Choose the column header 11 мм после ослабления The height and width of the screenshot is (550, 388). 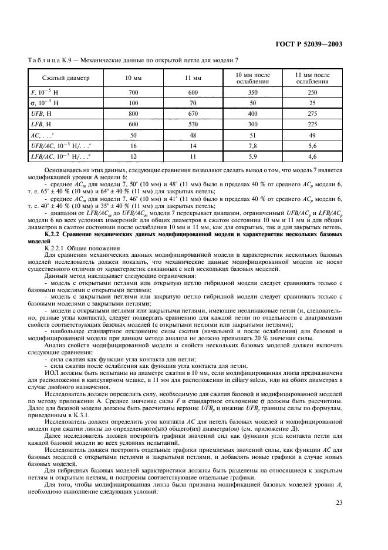pos(314,78)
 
